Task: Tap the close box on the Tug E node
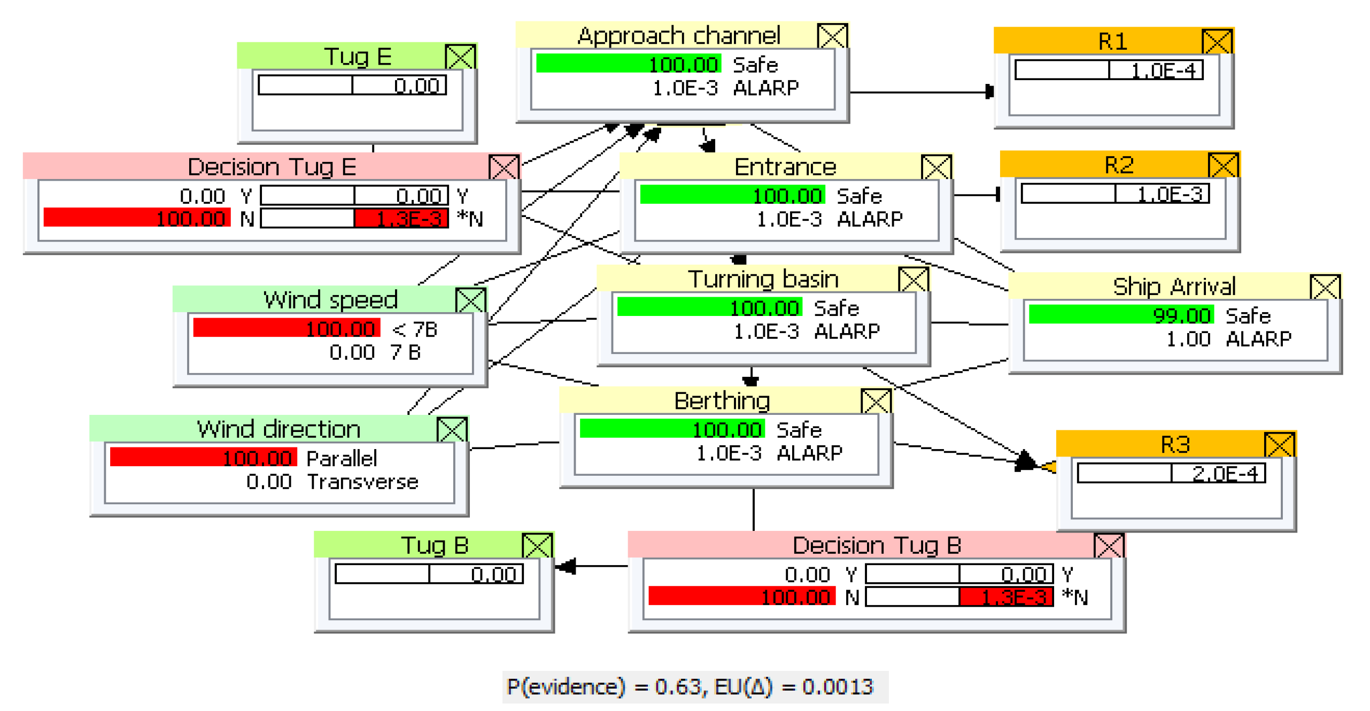(x=460, y=57)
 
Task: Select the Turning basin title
(x=762, y=279)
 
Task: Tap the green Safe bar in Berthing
(x=671, y=429)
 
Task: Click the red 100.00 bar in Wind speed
(x=286, y=328)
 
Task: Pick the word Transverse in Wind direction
(x=362, y=482)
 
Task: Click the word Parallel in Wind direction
(x=341, y=458)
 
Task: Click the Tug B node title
(x=434, y=545)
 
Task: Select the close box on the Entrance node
(x=935, y=167)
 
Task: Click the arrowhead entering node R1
(x=988, y=92)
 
